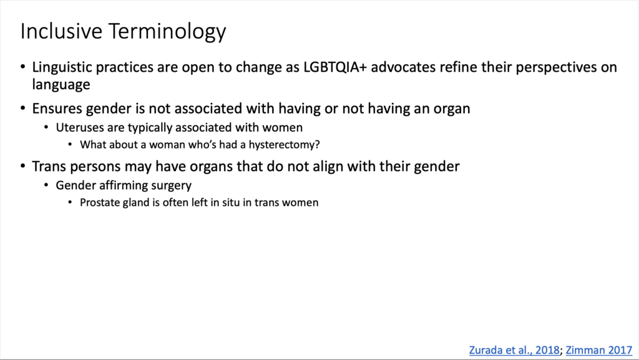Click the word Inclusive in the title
coord(61,31)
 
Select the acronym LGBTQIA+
coord(335,67)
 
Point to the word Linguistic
coord(62,67)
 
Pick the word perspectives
coord(556,68)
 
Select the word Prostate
coord(98,202)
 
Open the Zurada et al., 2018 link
coord(514,350)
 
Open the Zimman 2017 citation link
coord(598,350)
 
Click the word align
coord(346,167)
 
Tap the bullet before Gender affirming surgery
coord(46,186)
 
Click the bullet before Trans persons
coord(23,166)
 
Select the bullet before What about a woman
coord(70,145)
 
